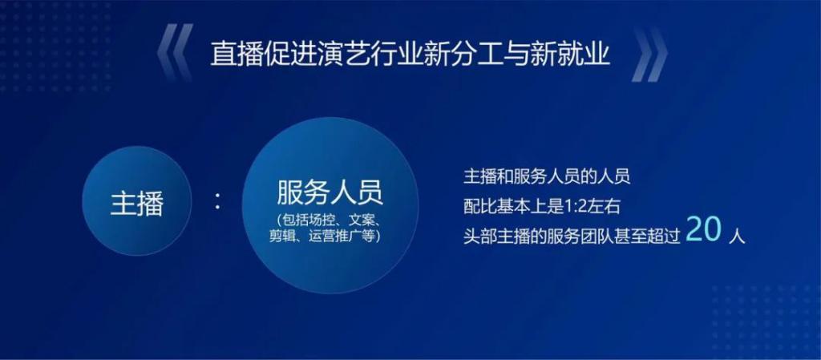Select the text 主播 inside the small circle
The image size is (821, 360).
coord(137,203)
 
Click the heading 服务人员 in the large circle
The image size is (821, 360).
coord(330,193)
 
